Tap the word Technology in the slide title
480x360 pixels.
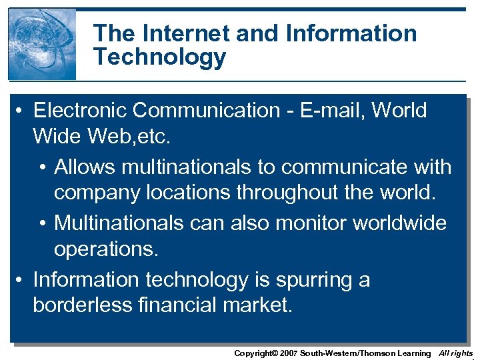(x=160, y=57)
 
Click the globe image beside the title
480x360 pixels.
(x=42, y=44)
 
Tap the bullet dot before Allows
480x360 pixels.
(x=42, y=167)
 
